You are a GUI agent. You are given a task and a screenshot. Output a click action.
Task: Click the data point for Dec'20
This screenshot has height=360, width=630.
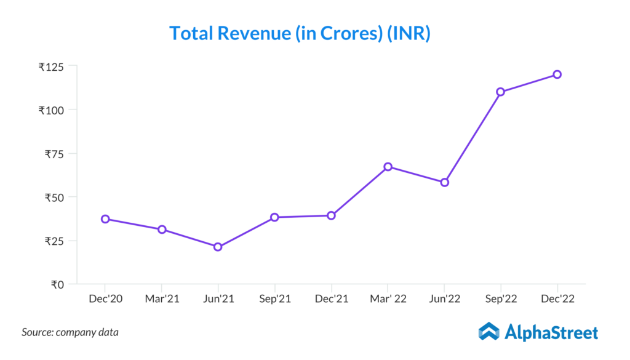coord(105,219)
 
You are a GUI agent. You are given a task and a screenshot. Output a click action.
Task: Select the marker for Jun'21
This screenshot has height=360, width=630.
coord(218,247)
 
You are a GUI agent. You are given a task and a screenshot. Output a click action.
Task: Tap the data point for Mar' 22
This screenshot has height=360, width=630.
coord(388,167)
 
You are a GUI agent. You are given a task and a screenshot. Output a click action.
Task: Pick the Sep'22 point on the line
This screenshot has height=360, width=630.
coord(501,92)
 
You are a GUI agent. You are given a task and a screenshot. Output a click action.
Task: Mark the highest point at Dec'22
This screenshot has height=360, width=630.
coord(557,74)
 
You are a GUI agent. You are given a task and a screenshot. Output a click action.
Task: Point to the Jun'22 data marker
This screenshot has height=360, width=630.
coord(445,182)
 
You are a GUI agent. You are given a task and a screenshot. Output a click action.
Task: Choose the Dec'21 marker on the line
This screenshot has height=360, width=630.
coord(331,215)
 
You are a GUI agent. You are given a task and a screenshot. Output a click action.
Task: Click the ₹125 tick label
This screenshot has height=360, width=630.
coord(52,66)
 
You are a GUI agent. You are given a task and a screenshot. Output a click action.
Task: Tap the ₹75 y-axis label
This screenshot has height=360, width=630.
coord(54,154)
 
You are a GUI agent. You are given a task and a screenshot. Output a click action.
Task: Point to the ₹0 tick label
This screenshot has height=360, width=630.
coord(57,284)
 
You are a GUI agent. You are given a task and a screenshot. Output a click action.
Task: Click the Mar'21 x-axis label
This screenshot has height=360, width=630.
coord(162,299)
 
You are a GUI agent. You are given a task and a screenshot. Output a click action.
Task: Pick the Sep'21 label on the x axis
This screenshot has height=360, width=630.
coord(275,299)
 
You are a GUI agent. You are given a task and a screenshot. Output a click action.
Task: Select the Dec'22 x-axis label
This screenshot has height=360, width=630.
coord(557,299)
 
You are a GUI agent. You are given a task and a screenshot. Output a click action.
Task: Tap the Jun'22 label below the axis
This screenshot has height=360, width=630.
coord(444,299)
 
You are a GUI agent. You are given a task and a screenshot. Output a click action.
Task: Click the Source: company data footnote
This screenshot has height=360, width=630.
coord(70,332)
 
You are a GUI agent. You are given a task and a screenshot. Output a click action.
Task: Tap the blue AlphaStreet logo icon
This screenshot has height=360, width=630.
coord(489,331)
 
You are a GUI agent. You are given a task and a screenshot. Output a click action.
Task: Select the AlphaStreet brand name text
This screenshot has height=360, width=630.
coord(551,333)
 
